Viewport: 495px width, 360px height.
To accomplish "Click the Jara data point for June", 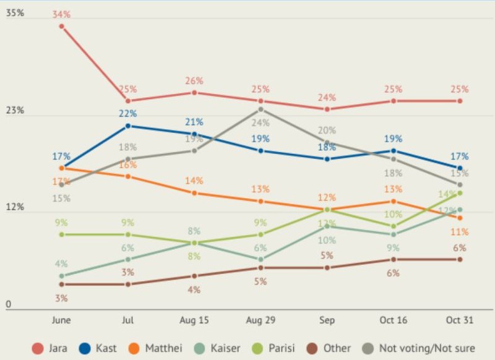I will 62,26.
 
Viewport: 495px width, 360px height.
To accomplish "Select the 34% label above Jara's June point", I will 62,14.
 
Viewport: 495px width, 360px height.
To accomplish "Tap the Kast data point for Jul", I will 128,126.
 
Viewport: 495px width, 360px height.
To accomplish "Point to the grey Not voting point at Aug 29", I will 261,109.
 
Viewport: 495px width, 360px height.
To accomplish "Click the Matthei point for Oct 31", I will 460,218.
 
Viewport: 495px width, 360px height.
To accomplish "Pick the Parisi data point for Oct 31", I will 460,193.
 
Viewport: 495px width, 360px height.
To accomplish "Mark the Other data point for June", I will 62,284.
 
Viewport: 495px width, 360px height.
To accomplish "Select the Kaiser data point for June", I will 62,276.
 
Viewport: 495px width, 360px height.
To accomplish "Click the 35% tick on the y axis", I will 15,13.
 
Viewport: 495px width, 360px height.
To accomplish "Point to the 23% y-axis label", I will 15,110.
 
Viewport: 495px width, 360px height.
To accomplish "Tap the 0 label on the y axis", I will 9,304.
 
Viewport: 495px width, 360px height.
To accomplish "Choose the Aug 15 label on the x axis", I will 194,320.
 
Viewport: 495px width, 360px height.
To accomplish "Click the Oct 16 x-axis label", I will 394,320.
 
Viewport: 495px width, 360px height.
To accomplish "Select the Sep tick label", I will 327,320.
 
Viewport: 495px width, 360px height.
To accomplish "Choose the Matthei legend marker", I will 133,348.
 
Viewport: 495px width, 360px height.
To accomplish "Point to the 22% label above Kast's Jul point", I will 128,114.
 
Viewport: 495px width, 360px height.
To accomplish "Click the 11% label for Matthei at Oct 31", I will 460,232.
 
